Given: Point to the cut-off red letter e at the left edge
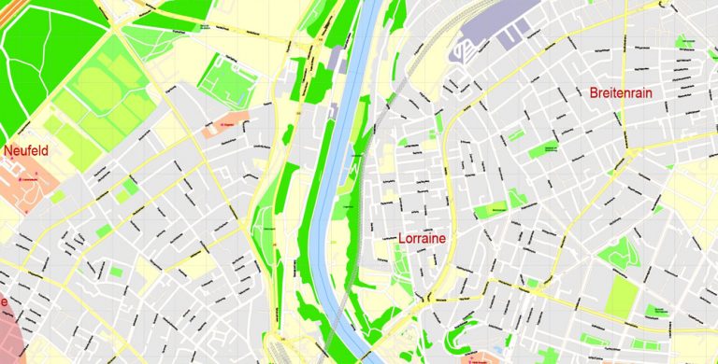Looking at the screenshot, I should (4, 302).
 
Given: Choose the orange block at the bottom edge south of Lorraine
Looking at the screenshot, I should (478, 357).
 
